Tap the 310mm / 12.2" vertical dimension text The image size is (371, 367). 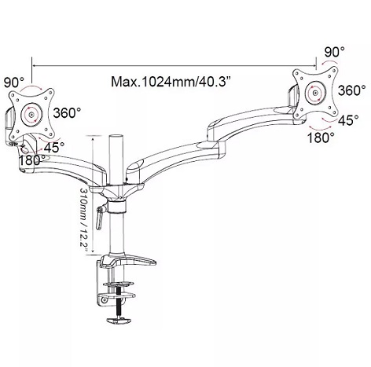pos(84,220)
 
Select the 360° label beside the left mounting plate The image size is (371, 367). pos(67,113)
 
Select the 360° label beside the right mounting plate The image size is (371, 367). pos(351,90)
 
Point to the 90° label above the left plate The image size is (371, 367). pos(14,83)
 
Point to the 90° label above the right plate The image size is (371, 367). pos(335,52)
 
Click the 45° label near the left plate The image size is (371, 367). pos(54,148)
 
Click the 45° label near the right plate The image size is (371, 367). pos(348,120)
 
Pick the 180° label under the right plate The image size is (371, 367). pos(321,138)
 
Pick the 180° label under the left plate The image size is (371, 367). pos(33,160)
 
